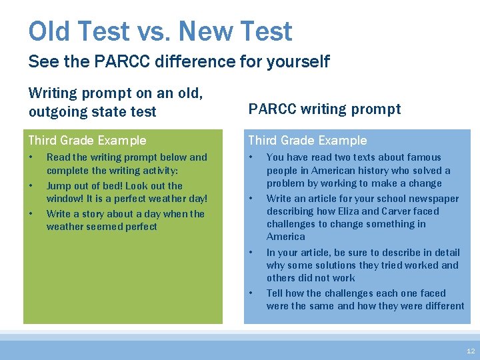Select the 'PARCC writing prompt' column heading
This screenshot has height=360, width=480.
[325, 109]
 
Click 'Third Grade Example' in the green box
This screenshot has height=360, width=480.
[87, 140]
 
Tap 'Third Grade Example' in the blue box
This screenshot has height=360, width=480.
[307, 140]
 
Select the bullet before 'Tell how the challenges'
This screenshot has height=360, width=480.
[251, 293]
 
